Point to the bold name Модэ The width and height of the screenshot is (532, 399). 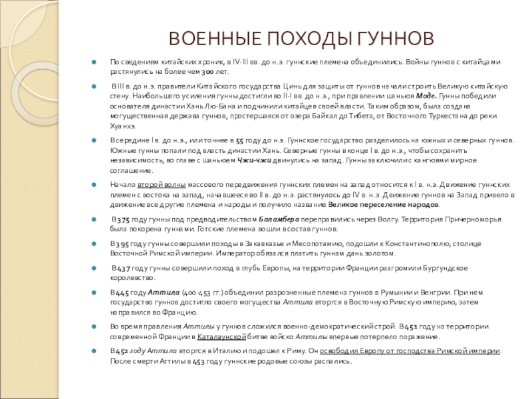[426, 96]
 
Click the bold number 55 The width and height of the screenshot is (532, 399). [240, 141]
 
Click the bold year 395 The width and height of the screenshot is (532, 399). [120, 243]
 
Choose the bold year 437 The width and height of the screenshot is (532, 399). [122, 268]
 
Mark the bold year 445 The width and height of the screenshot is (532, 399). [122, 292]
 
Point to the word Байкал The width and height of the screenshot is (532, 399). [344, 115]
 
